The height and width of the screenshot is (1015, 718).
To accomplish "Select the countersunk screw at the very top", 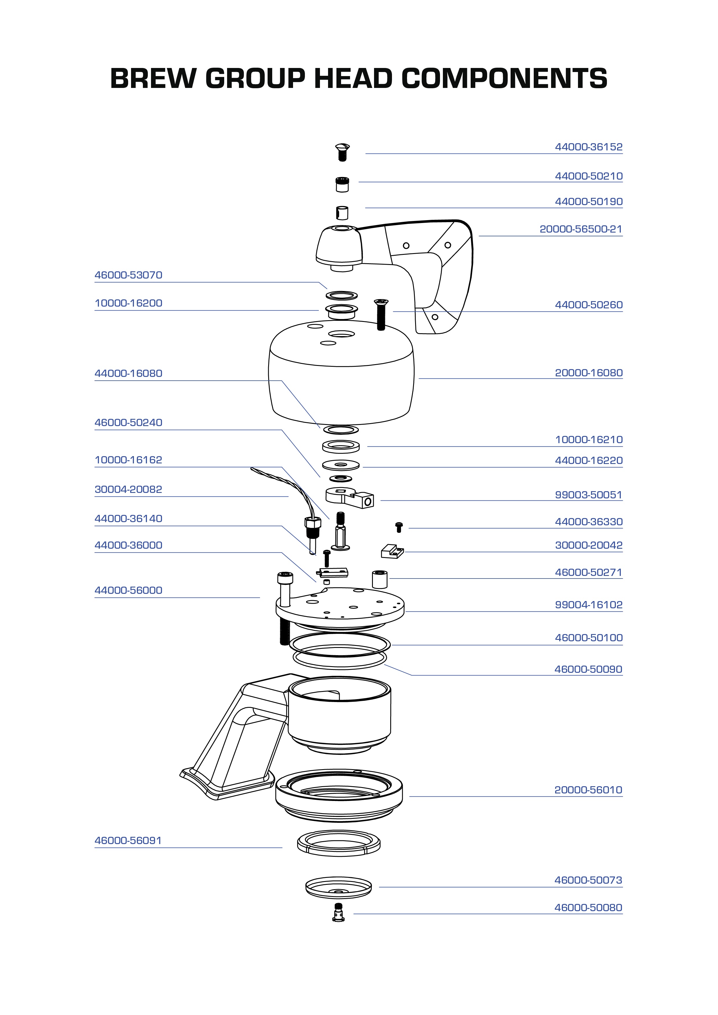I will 342,152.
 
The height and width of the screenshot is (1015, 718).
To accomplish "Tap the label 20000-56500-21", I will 581,229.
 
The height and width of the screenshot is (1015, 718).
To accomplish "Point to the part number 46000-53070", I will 128,275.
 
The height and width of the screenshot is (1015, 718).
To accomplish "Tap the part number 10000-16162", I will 128,460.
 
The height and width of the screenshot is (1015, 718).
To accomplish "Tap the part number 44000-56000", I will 128,591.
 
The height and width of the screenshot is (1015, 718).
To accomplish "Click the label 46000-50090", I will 588,669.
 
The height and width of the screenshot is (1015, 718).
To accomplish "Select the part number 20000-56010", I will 588,790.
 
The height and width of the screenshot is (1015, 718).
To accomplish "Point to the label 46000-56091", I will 128,841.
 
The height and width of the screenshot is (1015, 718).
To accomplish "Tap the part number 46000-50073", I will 588,880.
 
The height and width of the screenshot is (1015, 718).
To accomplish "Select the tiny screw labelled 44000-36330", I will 399,527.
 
